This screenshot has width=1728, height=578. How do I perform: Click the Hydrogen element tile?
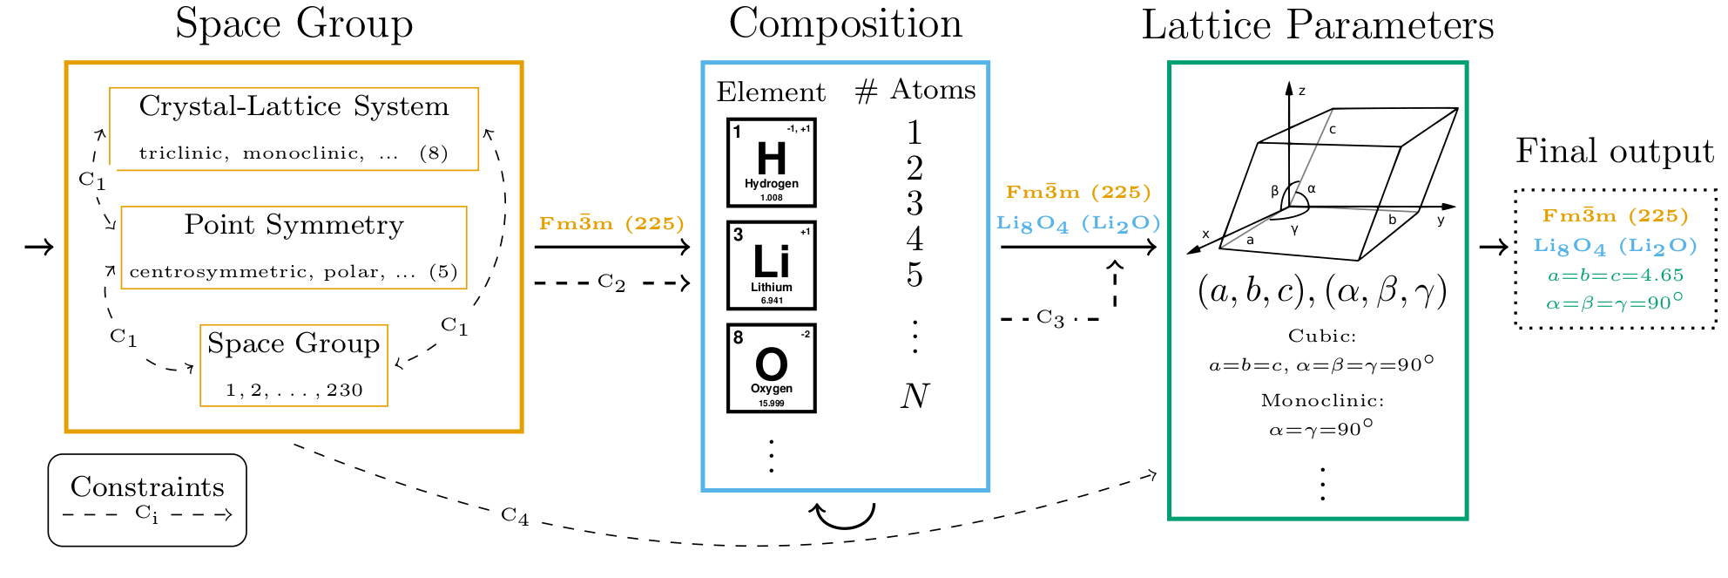pos(771,163)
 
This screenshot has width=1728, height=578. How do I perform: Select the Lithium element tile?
pos(771,265)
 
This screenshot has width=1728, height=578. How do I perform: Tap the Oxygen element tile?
pos(771,368)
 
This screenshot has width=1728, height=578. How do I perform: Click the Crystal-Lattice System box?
pos(294,128)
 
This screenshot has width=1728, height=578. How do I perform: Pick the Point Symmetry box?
pos(294,248)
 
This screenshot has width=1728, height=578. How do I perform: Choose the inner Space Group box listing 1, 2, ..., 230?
pos(294,365)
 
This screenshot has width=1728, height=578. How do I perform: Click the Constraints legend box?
pos(147,500)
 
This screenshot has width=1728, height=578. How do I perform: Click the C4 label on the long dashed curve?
pos(515,516)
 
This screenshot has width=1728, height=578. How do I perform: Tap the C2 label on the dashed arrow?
pos(611,282)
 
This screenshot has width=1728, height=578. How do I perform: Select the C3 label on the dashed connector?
pos(1050,318)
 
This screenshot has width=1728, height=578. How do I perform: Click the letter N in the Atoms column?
pos(915,397)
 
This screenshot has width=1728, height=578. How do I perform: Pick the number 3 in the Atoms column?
pos(915,204)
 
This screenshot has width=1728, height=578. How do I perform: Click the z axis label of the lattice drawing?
pos(1302,91)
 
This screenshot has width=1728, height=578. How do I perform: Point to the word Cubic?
pos(1322,337)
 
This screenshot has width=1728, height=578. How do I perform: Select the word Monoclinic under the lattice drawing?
pos(1322,401)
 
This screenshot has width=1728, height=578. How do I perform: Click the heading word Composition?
pos(845,24)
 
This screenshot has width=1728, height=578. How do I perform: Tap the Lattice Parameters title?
pos(1317,25)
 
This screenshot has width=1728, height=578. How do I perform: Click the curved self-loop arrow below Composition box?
pos(843,516)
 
